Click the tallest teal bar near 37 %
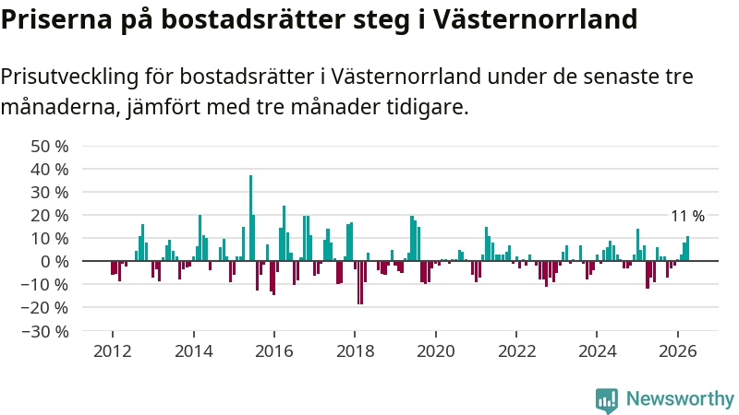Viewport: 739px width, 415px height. (x=250, y=218)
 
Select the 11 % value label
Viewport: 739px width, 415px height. (x=687, y=216)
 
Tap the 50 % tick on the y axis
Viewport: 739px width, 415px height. (x=50, y=147)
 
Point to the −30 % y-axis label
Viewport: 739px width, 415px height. (x=45, y=332)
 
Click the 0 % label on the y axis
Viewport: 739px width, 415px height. (x=55, y=262)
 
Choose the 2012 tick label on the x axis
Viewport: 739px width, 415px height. (x=113, y=351)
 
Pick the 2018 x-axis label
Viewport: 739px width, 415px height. (x=355, y=351)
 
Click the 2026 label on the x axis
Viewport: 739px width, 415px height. (x=678, y=351)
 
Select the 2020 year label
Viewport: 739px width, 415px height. (x=436, y=351)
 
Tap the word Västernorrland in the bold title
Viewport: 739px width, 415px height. (x=535, y=18)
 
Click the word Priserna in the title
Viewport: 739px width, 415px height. (x=56, y=18)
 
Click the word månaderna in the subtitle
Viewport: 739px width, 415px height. (x=58, y=107)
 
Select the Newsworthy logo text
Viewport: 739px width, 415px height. (x=680, y=399)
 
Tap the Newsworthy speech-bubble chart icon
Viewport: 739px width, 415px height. (x=607, y=401)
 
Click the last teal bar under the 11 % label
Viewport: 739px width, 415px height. (x=687, y=248)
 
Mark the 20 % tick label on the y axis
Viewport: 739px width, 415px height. (x=50, y=216)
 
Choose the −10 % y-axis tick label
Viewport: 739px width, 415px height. (x=45, y=285)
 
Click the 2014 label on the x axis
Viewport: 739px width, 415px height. (x=194, y=351)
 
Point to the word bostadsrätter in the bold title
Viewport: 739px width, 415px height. (x=253, y=18)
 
